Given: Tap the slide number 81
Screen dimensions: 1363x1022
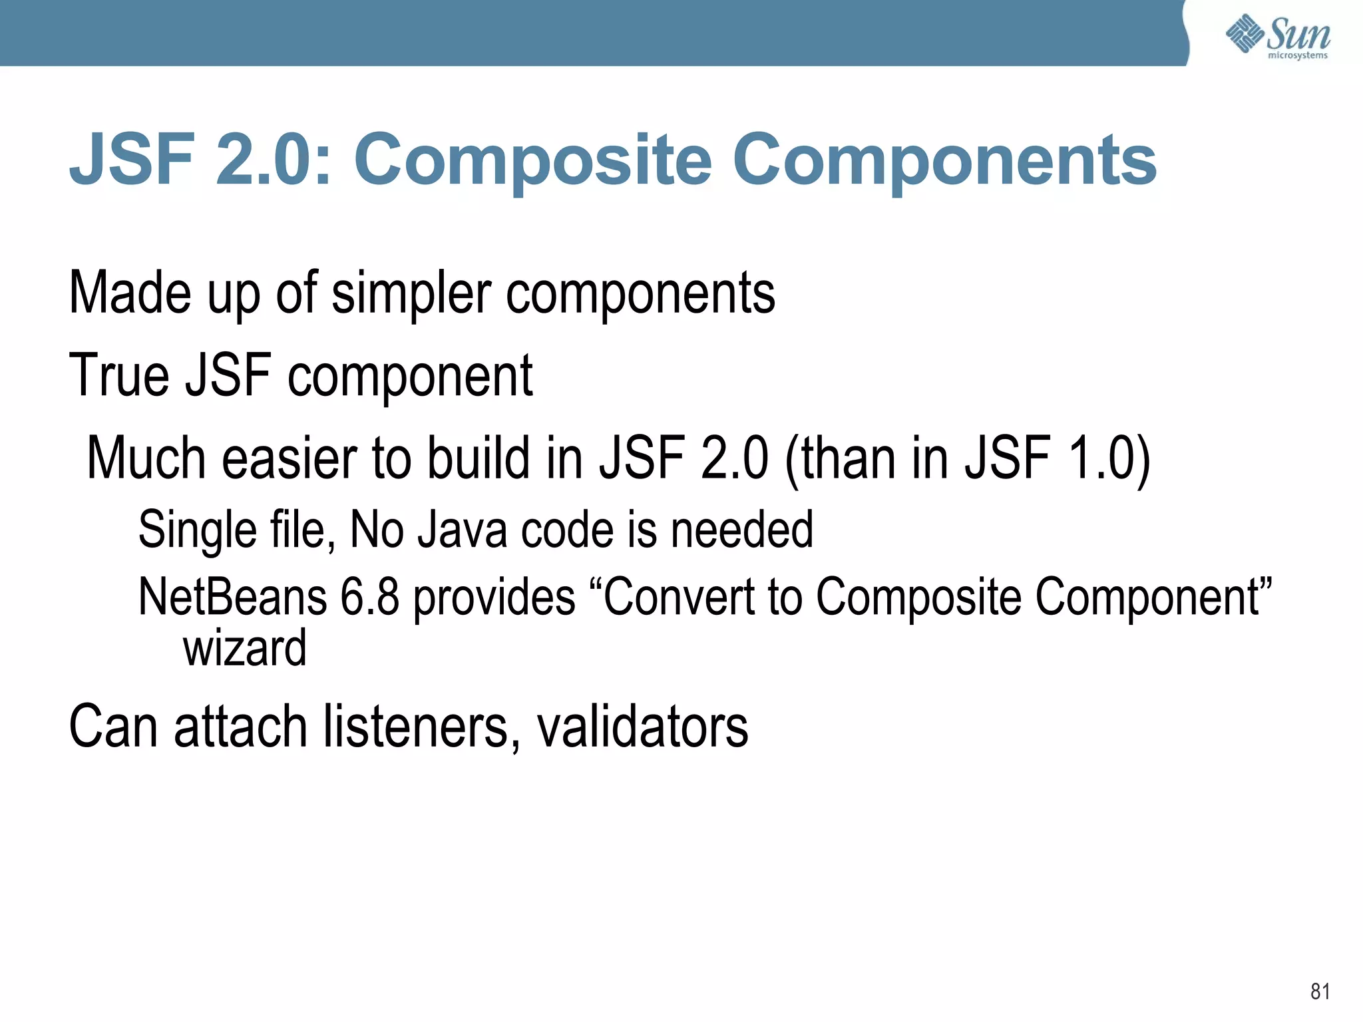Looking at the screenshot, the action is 1320,991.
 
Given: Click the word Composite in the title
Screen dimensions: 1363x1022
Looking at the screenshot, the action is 532,160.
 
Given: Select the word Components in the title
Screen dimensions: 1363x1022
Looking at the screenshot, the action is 944,160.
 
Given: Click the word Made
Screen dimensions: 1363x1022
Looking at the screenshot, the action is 130,293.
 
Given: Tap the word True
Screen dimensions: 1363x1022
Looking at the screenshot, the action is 119,376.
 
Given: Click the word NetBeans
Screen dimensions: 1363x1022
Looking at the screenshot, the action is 232,597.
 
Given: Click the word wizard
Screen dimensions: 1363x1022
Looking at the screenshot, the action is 244,649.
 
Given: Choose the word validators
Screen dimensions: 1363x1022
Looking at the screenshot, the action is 642,727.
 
